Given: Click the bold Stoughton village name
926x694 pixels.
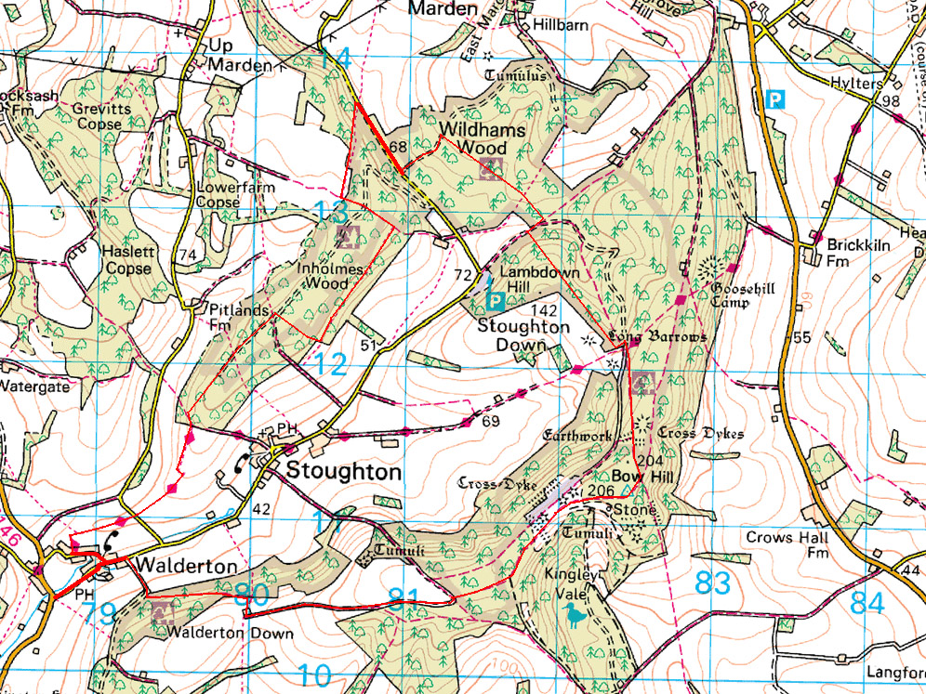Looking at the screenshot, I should click(344, 471).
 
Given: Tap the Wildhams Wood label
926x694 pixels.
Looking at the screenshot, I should click(474, 137).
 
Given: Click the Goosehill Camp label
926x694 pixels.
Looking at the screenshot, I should click(743, 295).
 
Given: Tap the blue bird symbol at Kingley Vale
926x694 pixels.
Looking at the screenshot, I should click(575, 613).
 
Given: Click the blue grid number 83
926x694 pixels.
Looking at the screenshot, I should click(714, 583).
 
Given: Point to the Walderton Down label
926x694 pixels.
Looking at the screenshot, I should click(230, 635).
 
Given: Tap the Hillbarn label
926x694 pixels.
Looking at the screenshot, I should click(560, 25).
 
